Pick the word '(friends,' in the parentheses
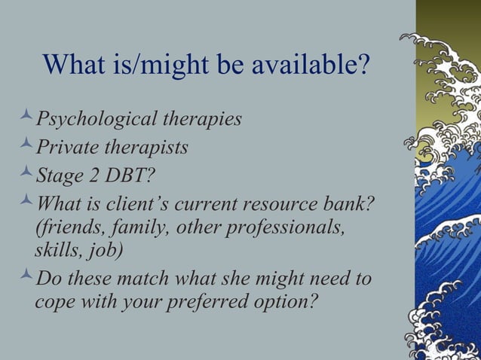[x=69, y=227]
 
